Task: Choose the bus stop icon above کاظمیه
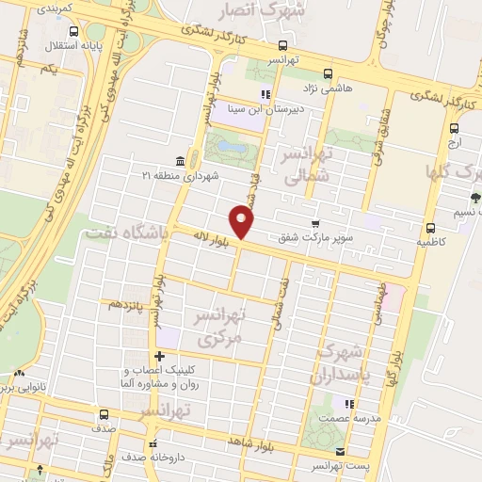pos(430,228)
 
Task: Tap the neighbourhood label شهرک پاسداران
pos(342,362)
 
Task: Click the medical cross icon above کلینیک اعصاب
pos(159,356)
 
